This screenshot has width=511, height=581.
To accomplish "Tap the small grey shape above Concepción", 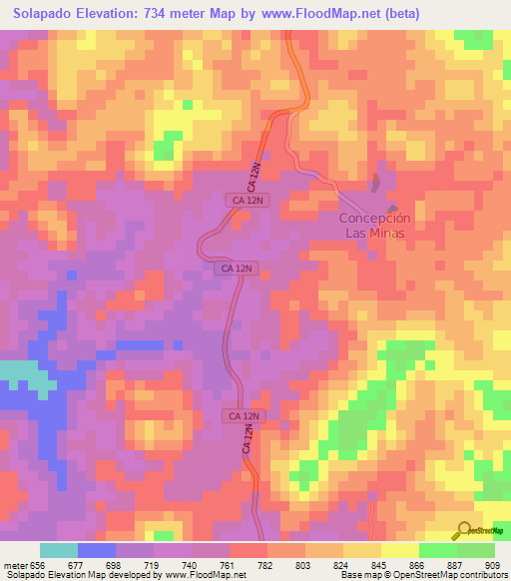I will [x=376, y=183].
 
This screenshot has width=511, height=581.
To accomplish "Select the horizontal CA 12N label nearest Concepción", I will [x=248, y=201].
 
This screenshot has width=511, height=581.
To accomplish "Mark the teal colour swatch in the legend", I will [x=59, y=550].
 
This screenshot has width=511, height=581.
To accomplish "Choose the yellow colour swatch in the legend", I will [x=400, y=550].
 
